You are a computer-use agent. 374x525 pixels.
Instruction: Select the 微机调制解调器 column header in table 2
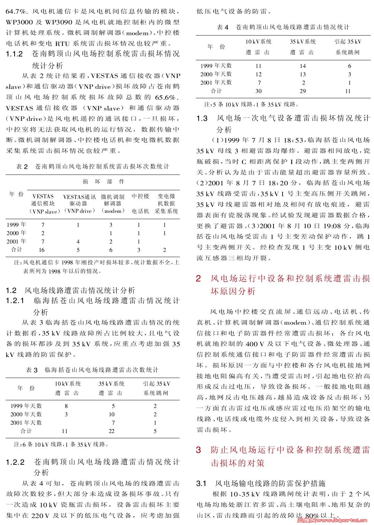pos(112,204)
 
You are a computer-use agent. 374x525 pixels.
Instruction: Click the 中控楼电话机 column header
pos(140,204)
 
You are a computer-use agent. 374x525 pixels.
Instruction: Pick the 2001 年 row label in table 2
pos(16,241)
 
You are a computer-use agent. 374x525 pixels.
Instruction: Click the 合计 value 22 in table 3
pos(112,431)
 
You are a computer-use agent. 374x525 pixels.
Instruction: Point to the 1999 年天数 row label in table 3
pos(26,406)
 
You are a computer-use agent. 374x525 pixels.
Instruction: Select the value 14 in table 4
pos(303,66)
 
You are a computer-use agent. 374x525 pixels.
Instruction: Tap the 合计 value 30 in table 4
pos(258,91)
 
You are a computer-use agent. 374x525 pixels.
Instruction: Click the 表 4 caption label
pos(222,27)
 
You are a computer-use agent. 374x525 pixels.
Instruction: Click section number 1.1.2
pos(14,54)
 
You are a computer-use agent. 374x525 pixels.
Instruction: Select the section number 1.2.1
pos(15,301)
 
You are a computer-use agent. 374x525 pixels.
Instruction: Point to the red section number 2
pos(198,279)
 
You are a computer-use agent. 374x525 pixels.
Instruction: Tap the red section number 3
pos(198,450)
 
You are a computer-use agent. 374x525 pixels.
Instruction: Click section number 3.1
pos(202,484)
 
